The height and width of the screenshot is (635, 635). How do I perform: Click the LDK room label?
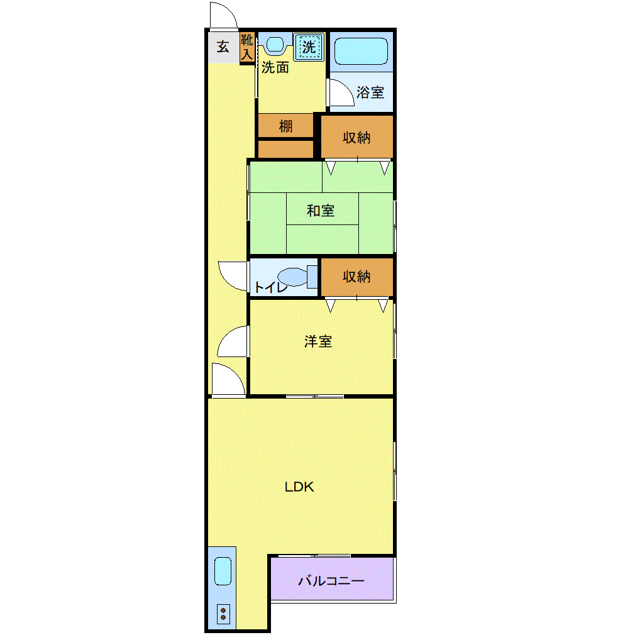click(299, 487)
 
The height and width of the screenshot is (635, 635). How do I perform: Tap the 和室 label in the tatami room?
click(321, 211)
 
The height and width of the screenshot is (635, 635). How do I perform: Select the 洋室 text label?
click(318, 341)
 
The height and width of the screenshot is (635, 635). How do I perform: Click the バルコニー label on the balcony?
click(331, 581)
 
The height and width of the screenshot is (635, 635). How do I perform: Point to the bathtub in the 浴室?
click(362, 52)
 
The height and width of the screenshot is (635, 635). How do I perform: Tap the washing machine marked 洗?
click(309, 47)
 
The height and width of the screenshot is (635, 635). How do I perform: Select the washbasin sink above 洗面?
click(275, 44)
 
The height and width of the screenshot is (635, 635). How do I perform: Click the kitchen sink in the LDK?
click(223, 571)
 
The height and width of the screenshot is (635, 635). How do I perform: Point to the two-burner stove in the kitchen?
click(223, 614)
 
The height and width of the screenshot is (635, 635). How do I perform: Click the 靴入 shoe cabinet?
click(247, 47)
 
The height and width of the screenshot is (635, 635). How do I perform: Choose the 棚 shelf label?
click(286, 126)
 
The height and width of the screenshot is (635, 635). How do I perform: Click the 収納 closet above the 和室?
click(356, 137)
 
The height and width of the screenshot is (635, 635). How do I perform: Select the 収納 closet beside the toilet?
click(356, 277)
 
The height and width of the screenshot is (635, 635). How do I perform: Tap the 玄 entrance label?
click(223, 47)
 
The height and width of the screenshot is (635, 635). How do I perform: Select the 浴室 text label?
click(370, 92)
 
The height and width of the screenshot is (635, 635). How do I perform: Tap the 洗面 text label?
click(275, 68)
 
